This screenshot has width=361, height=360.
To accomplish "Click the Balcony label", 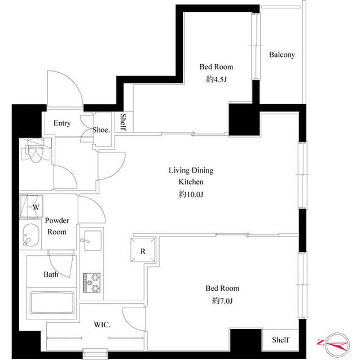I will coord(281,55).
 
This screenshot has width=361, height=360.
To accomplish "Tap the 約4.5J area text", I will coord(215,79).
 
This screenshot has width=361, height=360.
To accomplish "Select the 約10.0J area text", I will coord(191,194).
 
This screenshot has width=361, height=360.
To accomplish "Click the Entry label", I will coord(61,123).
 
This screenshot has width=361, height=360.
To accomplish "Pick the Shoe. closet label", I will coord(101,130).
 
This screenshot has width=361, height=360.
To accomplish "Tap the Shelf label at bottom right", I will coord(280,340).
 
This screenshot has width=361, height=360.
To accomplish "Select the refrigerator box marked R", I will coord(143,251).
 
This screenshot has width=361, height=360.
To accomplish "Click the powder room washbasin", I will coord(31,235).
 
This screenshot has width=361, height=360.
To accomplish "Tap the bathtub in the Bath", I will coord(52,305).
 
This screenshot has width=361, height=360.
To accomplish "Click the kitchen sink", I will coord(90,243).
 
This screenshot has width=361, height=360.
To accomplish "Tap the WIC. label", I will coord(102,325).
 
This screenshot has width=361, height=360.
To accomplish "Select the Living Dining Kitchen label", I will coord(191,176).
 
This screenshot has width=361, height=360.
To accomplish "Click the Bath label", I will coord(51,275).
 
